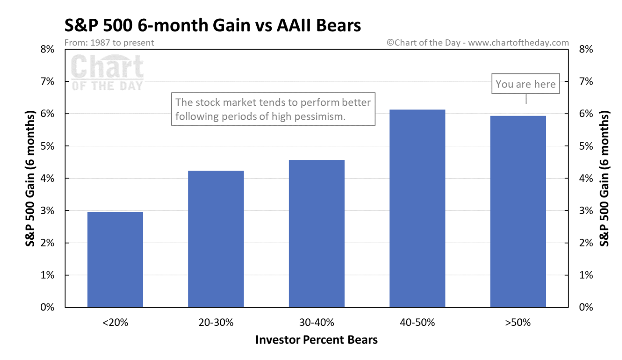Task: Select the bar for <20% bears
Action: click(115, 259)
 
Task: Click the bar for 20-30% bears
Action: click(216, 239)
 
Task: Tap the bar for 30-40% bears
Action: click(317, 233)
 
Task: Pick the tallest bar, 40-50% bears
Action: click(417, 208)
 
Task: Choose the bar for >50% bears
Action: click(518, 211)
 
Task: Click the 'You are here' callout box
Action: click(526, 84)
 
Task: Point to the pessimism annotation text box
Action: click(273, 109)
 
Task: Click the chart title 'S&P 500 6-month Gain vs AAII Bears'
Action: click(212, 25)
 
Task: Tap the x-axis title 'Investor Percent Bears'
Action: click(316, 340)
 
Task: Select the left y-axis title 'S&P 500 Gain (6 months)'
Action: click(31, 178)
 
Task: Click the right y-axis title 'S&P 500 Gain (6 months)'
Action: click(605, 178)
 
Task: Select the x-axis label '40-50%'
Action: click(417, 323)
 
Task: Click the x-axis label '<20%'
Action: click(115, 323)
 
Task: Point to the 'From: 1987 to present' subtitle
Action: click(109, 43)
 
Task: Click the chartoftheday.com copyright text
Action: click(478, 43)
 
